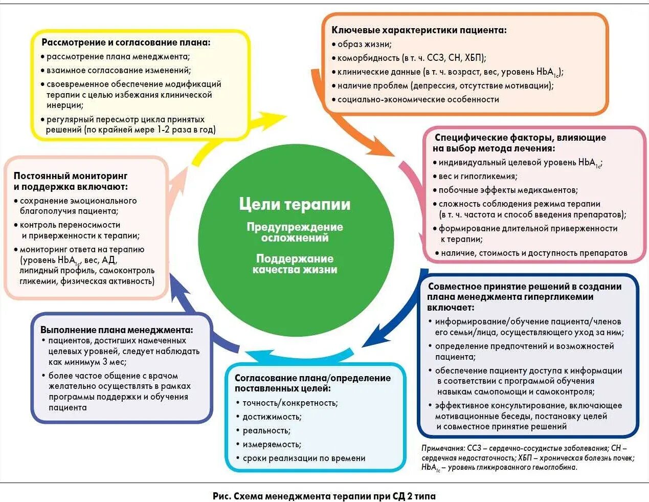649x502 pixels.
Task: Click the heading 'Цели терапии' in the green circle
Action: (295, 204)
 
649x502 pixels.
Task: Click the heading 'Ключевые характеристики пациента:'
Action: (419, 30)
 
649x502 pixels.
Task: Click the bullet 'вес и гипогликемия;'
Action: (478, 176)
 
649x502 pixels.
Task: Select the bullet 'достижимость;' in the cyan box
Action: (272, 417)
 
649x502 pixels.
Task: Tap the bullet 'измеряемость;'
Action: (272, 444)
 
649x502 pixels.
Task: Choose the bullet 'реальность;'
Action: (266, 430)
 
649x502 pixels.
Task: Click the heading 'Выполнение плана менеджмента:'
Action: (117, 330)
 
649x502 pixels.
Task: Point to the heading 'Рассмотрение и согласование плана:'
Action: (126, 42)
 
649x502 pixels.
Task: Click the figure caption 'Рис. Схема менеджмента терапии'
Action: (324, 496)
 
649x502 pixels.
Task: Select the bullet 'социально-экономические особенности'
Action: (418, 99)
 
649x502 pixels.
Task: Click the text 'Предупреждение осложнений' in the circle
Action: (295, 232)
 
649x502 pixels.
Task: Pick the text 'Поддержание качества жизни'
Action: (295, 264)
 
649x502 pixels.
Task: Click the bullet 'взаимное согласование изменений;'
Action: (118, 71)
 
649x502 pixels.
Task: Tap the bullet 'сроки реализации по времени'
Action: (304, 458)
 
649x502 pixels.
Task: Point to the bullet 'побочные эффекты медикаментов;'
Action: (508, 190)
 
